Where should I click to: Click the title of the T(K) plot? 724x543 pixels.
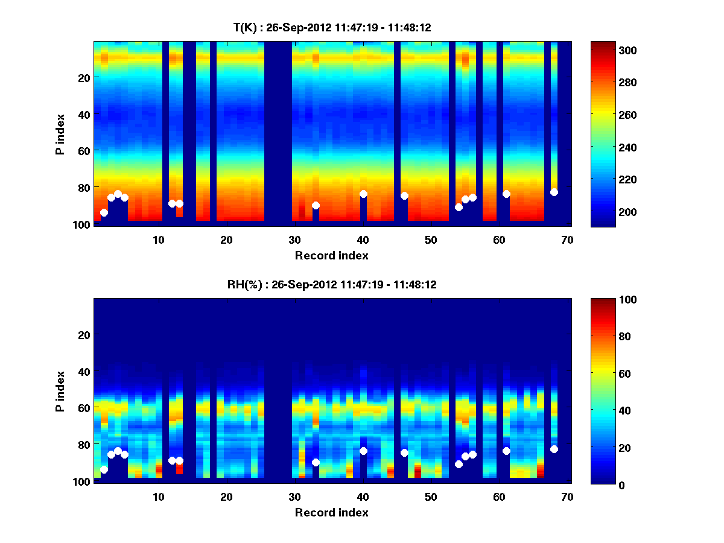[332, 27]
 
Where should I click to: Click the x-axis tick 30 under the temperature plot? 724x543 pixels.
[294, 240]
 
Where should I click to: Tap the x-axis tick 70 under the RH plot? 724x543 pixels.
[567, 497]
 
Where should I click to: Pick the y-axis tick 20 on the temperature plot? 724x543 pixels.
[84, 77]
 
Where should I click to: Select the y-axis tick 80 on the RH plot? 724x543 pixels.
[84, 444]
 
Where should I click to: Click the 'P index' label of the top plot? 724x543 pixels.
[60, 133]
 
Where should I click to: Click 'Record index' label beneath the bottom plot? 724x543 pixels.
[332, 512]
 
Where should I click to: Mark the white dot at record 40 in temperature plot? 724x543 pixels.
[363, 194]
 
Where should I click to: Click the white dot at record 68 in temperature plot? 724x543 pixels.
[554, 192]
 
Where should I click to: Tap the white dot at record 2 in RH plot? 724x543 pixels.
[104, 469]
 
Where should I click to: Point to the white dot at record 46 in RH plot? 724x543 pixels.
[404, 453]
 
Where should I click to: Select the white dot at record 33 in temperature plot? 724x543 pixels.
[316, 205]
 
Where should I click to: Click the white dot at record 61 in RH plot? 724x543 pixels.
[506, 451]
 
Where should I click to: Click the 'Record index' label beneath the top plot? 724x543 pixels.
[332, 255]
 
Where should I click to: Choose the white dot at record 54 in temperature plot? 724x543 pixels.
[459, 207]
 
